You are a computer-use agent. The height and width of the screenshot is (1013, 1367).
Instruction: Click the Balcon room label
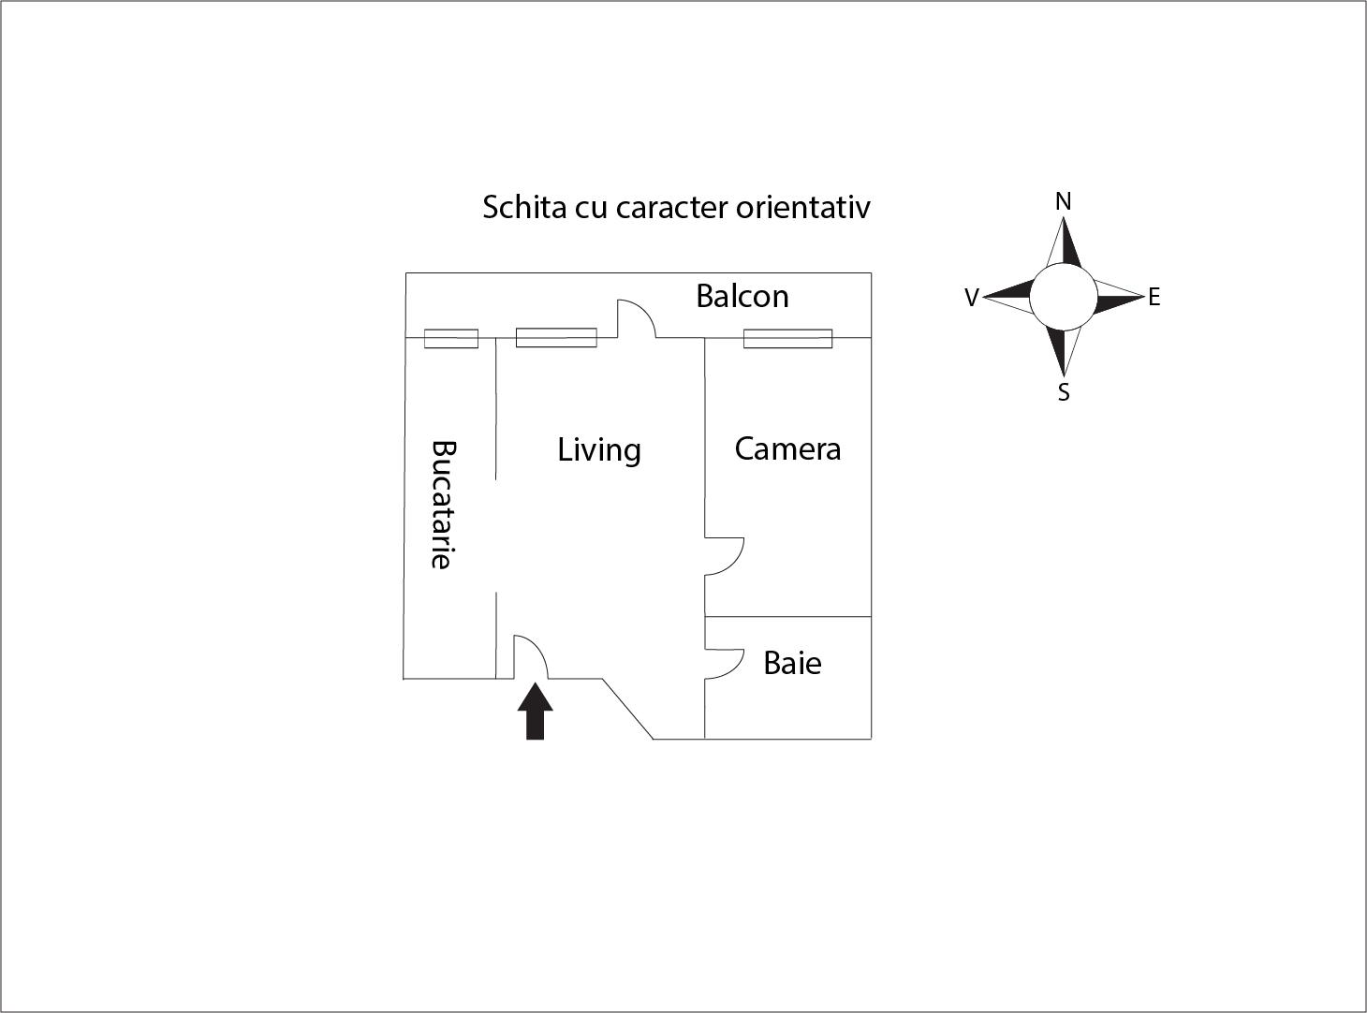(742, 296)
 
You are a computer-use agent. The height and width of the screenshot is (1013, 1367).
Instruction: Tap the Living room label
(599, 450)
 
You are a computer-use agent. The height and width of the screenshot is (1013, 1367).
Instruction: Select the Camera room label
(787, 448)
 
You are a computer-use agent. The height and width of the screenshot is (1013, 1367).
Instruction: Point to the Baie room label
(793, 664)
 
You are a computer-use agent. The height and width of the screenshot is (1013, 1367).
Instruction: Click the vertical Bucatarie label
(443, 505)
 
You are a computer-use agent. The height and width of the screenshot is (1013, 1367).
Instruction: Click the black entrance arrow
(535, 711)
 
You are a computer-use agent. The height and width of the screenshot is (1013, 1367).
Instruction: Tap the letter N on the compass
(1063, 201)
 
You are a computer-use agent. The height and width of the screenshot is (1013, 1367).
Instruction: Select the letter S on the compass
(1064, 392)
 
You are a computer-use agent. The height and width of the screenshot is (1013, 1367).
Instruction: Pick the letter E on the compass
(1154, 297)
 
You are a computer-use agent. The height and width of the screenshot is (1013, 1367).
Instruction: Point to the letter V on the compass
(972, 298)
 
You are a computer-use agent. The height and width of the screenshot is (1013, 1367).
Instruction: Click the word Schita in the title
(524, 207)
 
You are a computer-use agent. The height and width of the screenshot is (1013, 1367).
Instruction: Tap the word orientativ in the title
(803, 207)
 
